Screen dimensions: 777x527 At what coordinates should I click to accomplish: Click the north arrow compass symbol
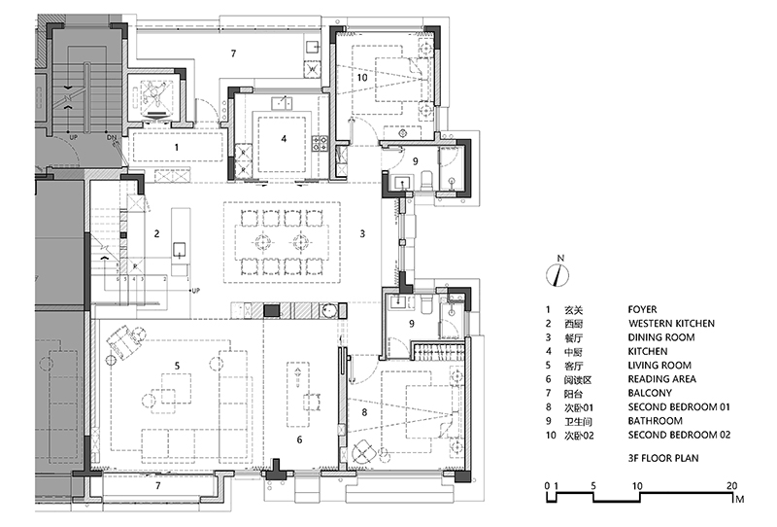pos(557,274)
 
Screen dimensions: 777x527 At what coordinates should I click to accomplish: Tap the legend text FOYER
pos(642,309)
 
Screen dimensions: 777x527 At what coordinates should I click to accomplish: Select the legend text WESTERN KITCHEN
pos(671,324)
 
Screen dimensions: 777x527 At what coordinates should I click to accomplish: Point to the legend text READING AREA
pos(662,379)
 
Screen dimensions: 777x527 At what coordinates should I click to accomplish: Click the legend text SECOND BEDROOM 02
pos(679,435)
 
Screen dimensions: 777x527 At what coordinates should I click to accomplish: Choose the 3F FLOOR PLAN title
pos(663,458)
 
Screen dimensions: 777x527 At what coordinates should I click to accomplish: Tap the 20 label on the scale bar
pos(732,486)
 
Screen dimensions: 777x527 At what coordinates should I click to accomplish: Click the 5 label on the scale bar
pos(593,486)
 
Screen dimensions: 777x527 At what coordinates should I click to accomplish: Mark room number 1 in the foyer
pos(177,147)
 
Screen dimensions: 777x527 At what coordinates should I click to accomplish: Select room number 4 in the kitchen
pos(284,138)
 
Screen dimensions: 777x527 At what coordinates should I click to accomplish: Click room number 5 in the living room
pos(177,366)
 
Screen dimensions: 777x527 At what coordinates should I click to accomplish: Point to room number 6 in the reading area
pos(299,439)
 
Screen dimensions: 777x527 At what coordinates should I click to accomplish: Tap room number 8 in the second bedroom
pos(365,412)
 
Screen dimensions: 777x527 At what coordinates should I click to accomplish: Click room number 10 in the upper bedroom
pos(362,78)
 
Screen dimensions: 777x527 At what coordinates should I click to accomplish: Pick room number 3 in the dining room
pos(362,233)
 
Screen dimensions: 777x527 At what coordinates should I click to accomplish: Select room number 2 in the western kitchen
pos(156,233)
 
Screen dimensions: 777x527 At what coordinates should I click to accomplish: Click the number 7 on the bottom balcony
pos(158,485)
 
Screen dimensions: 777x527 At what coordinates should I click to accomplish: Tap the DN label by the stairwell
pos(111,137)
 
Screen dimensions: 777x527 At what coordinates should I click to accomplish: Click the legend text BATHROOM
pos(655,421)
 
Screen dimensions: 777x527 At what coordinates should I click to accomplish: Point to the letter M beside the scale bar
pos(740,499)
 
